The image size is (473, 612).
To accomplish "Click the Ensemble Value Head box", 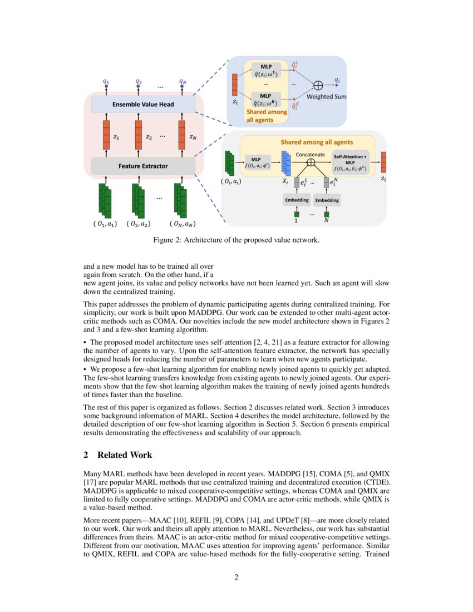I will coord(143,104).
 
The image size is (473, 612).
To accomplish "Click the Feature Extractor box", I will coord(143,166).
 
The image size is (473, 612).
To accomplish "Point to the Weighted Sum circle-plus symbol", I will coord(318,85).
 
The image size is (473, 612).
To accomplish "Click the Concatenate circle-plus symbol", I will coord(311,162).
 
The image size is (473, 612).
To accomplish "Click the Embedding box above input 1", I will coord(296,200).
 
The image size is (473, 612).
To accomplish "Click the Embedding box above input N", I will coord(327,200).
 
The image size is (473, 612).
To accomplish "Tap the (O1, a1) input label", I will coord(105,224).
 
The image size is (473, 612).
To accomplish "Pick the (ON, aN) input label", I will coord(183,224).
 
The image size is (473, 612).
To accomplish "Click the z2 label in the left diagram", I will coord(149,136).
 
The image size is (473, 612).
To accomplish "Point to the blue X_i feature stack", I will coord(286,162).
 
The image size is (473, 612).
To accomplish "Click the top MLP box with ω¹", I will coord(266,71).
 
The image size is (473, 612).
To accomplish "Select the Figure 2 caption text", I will coord(236,240).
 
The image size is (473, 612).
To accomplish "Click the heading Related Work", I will coord(124,455).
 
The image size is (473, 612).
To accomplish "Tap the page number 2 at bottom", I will coord(236,577).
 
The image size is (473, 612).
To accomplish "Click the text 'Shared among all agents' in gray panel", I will coord(316,142).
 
